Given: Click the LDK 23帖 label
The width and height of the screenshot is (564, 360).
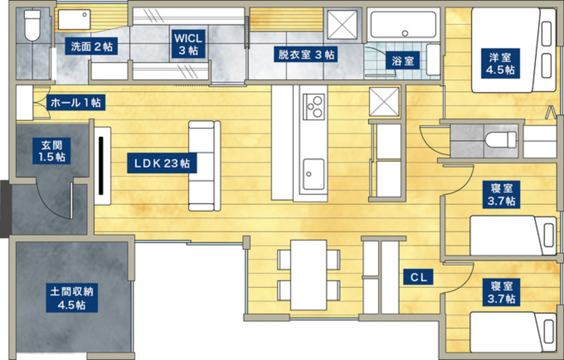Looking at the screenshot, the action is [162, 163].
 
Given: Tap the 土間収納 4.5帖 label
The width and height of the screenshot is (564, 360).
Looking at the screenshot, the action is [72, 298].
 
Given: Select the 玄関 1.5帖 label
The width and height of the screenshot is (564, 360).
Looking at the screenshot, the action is [51, 151].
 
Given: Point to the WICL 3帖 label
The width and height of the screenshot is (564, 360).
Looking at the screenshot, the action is [188, 44].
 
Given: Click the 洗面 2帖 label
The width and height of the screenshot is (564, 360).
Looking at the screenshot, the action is [91, 46].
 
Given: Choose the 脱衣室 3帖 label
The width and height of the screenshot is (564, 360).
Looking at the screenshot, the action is [306, 54].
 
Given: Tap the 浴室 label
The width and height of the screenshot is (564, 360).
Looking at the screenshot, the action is [403, 61].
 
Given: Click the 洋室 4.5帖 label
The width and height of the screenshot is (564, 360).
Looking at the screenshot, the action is [500, 63].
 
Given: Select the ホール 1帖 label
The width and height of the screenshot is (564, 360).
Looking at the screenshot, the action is [76, 102].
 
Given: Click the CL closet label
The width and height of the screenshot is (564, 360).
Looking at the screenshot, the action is [418, 277].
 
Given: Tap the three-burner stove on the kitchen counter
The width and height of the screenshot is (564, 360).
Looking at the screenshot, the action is [314, 107].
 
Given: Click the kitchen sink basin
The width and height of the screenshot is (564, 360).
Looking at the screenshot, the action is [314, 174].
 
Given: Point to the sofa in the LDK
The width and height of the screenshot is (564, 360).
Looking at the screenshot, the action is [205, 166].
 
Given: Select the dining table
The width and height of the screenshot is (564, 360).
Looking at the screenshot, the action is [309, 275].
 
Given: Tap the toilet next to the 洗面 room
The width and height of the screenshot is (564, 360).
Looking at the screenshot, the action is [32, 25].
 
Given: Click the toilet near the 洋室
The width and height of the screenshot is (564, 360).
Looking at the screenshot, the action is [501, 140].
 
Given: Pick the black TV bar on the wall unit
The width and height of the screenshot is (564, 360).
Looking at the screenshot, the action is [101, 166].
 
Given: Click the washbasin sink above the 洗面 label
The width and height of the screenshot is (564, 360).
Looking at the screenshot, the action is [74, 19].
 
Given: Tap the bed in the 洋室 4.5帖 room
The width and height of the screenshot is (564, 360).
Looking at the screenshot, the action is [514, 50].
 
